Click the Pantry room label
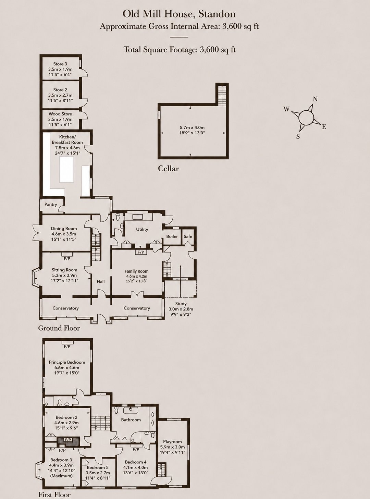(x=51, y=205)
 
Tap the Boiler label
(x=172, y=236)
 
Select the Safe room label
(x=188, y=236)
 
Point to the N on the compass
(x=315, y=99)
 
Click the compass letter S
(x=298, y=136)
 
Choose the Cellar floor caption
(x=168, y=169)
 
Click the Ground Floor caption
(x=59, y=328)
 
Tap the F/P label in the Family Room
(x=141, y=253)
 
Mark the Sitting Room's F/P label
(x=67, y=259)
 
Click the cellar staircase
(x=222, y=95)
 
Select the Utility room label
(x=142, y=229)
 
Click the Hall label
(x=100, y=281)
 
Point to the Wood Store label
(x=60, y=114)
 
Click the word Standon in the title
(x=218, y=14)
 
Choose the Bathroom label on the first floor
(x=131, y=419)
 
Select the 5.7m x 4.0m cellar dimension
(x=191, y=127)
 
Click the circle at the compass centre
(x=306, y=117)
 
